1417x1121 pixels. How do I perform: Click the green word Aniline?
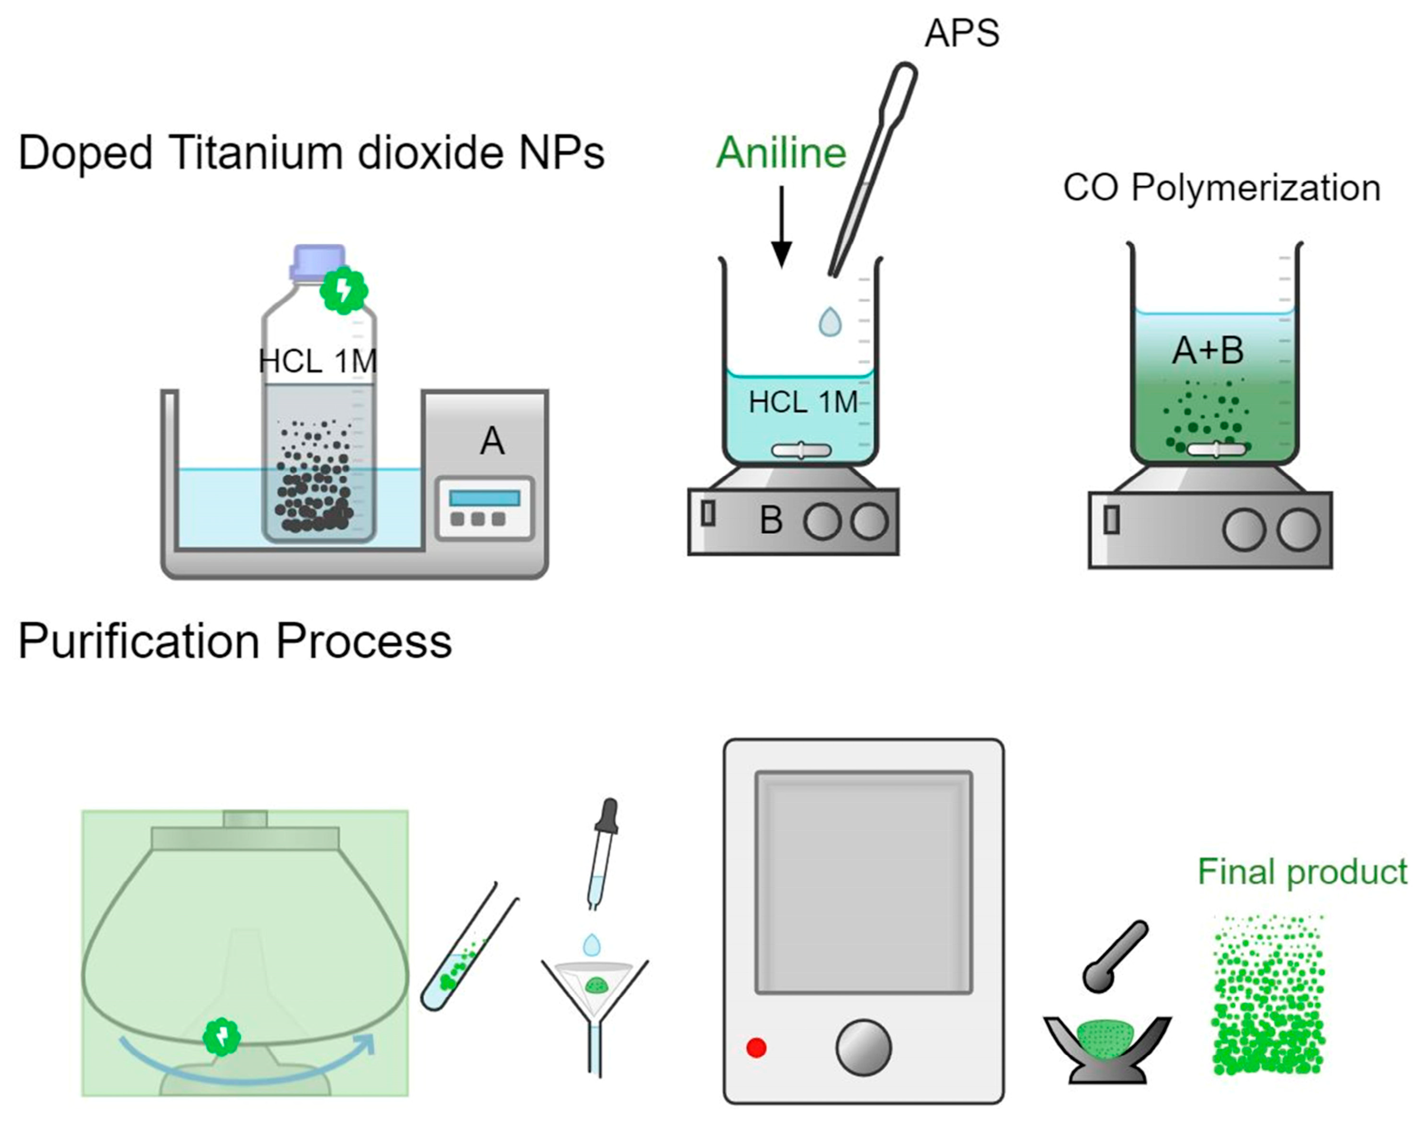click(x=781, y=153)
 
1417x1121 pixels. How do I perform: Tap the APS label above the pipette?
click(x=961, y=33)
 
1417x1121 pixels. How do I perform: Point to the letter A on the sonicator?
click(x=492, y=441)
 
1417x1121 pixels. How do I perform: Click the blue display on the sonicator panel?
click(x=485, y=497)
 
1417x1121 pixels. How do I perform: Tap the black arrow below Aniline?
click(x=781, y=226)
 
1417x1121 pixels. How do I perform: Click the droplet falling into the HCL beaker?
click(x=830, y=322)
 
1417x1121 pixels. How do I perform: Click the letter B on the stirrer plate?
click(x=771, y=520)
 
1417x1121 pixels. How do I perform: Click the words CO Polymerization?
click(x=1221, y=189)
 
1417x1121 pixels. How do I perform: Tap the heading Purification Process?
click(x=235, y=641)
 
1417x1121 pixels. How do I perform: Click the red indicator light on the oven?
click(x=756, y=1047)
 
